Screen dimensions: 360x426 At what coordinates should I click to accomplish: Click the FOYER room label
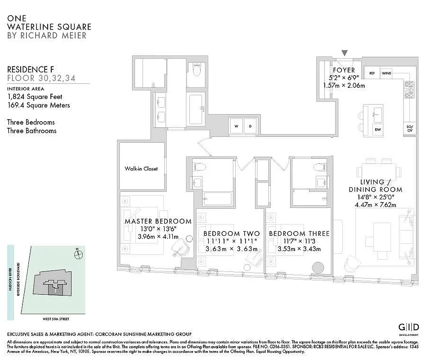tap(344, 70)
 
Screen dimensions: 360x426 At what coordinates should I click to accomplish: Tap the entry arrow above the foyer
tap(345, 53)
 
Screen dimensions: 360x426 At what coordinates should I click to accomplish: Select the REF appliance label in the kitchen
tap(372, 73)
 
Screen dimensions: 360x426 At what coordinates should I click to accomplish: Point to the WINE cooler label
tap(386, 73)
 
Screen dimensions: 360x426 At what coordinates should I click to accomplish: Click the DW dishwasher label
tap(377, 130)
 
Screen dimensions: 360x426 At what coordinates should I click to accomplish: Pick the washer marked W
tap(236, 126)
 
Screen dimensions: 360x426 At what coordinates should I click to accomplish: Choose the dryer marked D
tap(251, 126)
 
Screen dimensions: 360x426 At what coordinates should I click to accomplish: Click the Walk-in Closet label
tap(141, 169)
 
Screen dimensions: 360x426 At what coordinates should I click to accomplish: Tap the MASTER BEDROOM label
tap(158, 221)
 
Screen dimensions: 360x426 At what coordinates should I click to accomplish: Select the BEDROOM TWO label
tap(231, 234)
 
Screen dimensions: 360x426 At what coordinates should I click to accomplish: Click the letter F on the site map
tap(55, 291)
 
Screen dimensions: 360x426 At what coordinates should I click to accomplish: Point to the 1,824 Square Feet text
tap(35, 97)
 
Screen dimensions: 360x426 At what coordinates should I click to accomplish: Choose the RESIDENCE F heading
tap(28, 69)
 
